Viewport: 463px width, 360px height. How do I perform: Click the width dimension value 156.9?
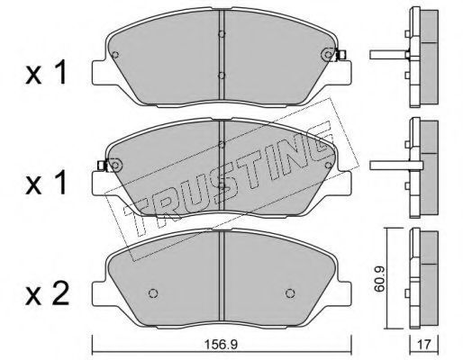pos(221,345)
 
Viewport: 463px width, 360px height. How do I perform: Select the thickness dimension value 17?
pos(424,345)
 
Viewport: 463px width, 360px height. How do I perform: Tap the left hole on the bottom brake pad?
pos(153,293)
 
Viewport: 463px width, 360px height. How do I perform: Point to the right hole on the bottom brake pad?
pos(290,293)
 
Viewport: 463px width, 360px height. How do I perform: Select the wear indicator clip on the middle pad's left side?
pos(103,166)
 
